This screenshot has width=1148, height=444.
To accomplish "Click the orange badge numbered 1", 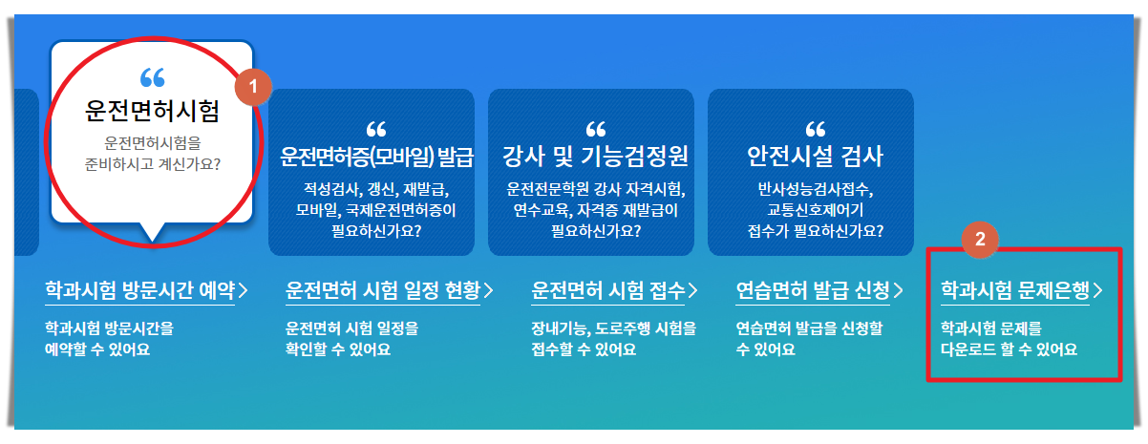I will point(253,85).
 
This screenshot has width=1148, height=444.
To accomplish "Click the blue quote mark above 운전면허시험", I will point(152,76).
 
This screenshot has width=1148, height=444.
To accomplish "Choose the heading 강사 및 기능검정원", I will point(595,155).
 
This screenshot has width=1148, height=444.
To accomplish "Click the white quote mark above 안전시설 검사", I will point(815,129).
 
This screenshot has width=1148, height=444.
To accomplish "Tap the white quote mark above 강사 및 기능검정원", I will point(595,129).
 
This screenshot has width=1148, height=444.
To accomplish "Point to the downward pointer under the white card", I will point(152,232).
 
